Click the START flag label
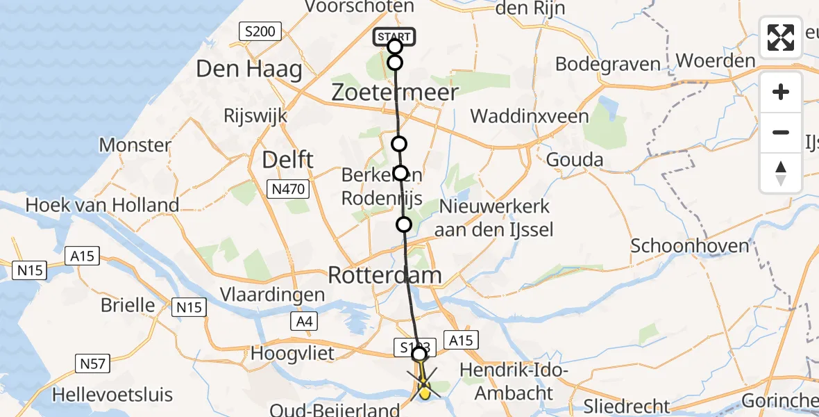pyautogui.click(x=394, y=36)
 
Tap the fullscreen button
pyautogui.click(x=781, y=38)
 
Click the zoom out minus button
pyautogui.click(x=781, y=132)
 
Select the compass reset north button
pyautogui.click(x=781, y=173)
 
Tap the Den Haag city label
pyautogui.click(x=249, y=69)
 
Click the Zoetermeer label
pyautogui.click(x=394, y=92)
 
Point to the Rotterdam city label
pyautogui.click(x=384, y=275)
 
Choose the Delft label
pyautogui.click(x=287, y=160)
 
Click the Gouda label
pyautogui.click(x=575, y=160)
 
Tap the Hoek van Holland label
pyautogui.click(x=102, y=205)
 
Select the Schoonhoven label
pyautogui.click(x=691, y=245)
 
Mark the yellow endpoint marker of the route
pyautogui.click(x=424, y=393)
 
